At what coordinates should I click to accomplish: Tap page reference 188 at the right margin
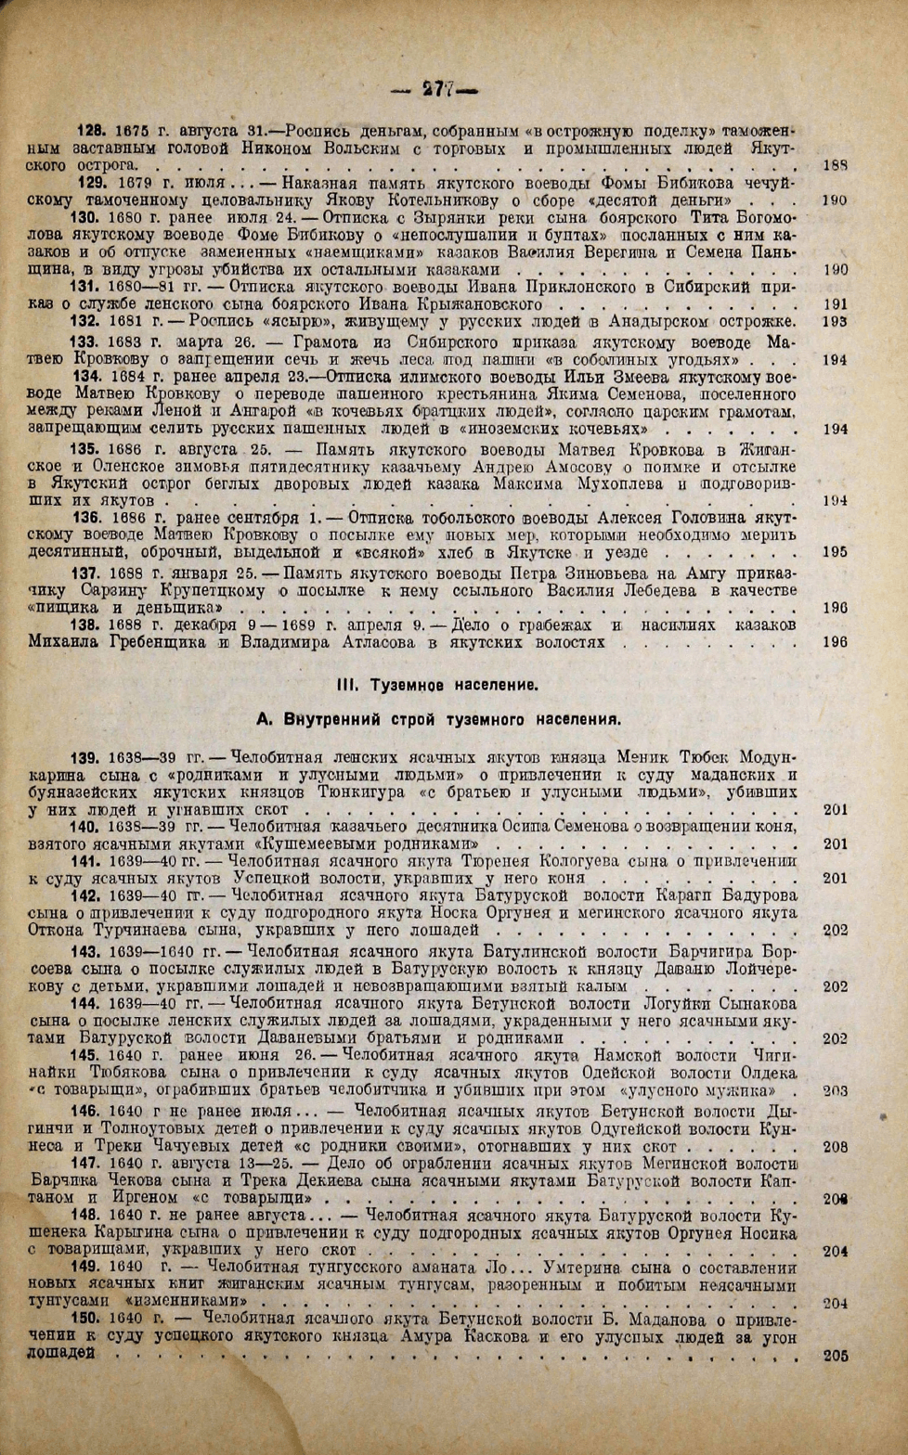pyautogui.click(x=836, y=165)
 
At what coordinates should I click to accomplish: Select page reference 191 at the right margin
pyautogui.click(x=836, y=304)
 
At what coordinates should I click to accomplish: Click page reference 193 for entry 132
pyautogui.click(x=836, y=322)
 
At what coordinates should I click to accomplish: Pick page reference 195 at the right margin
pyautogui.click(x=836, y=551)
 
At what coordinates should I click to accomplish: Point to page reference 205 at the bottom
pyautogui.click(x=836, y=1355)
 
